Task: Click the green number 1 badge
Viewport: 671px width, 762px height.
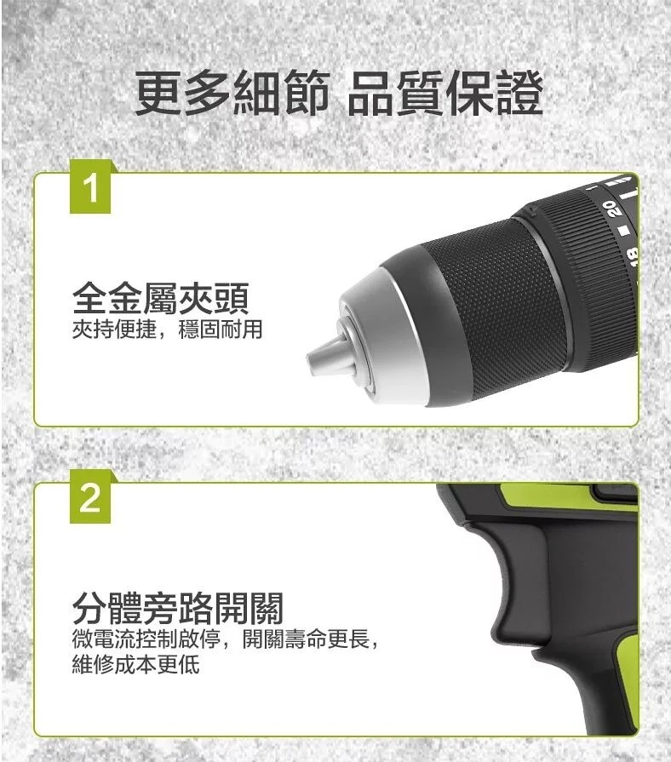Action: coord(90,187)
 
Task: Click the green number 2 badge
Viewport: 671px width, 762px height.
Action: coord(90,497)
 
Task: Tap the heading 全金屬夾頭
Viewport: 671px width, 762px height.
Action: coord(161,298)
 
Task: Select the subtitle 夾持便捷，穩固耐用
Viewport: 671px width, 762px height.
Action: coord(167,329)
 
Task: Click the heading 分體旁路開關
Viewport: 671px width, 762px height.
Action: coord(178,608)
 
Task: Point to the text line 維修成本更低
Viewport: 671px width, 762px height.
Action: coord(136,664)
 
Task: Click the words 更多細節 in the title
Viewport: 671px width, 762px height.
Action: coord(232,93)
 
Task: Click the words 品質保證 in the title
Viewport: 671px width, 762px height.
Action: coord(445,93)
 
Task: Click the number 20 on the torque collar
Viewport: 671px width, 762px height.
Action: coord(611,209)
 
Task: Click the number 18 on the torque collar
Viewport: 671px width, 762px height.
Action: coord(632,256)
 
